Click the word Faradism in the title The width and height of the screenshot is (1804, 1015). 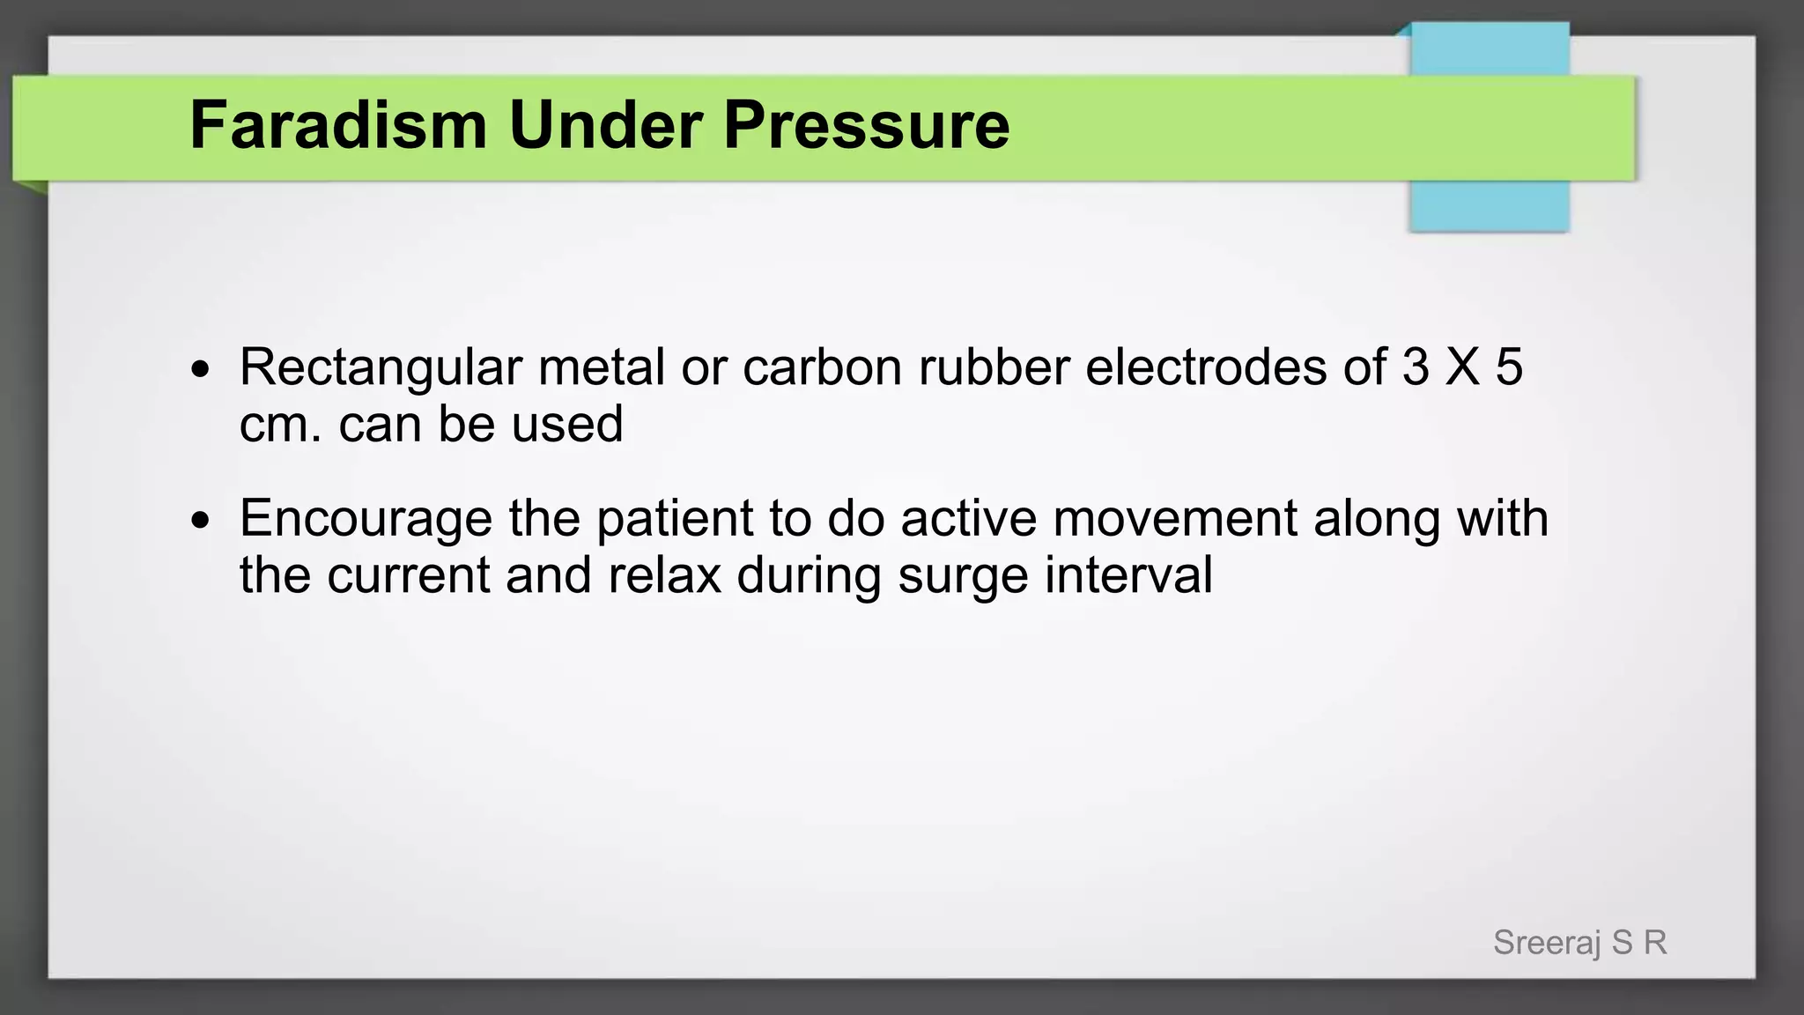tap(338, 125)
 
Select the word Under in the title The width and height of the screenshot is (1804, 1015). tap(605, 125)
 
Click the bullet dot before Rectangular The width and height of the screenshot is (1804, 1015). tap(201, 370)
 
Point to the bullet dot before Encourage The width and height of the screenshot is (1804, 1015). tap(201, 521)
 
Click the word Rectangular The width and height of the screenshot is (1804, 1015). tap(381, 367)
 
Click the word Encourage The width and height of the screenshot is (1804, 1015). tap(366, 519)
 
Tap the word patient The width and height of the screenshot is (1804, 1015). tap(674, 519)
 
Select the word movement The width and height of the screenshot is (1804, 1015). tap(1174, 518)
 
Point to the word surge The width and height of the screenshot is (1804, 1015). tap(963, 576)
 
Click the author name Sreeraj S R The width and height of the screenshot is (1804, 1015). tap(1579, 943)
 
